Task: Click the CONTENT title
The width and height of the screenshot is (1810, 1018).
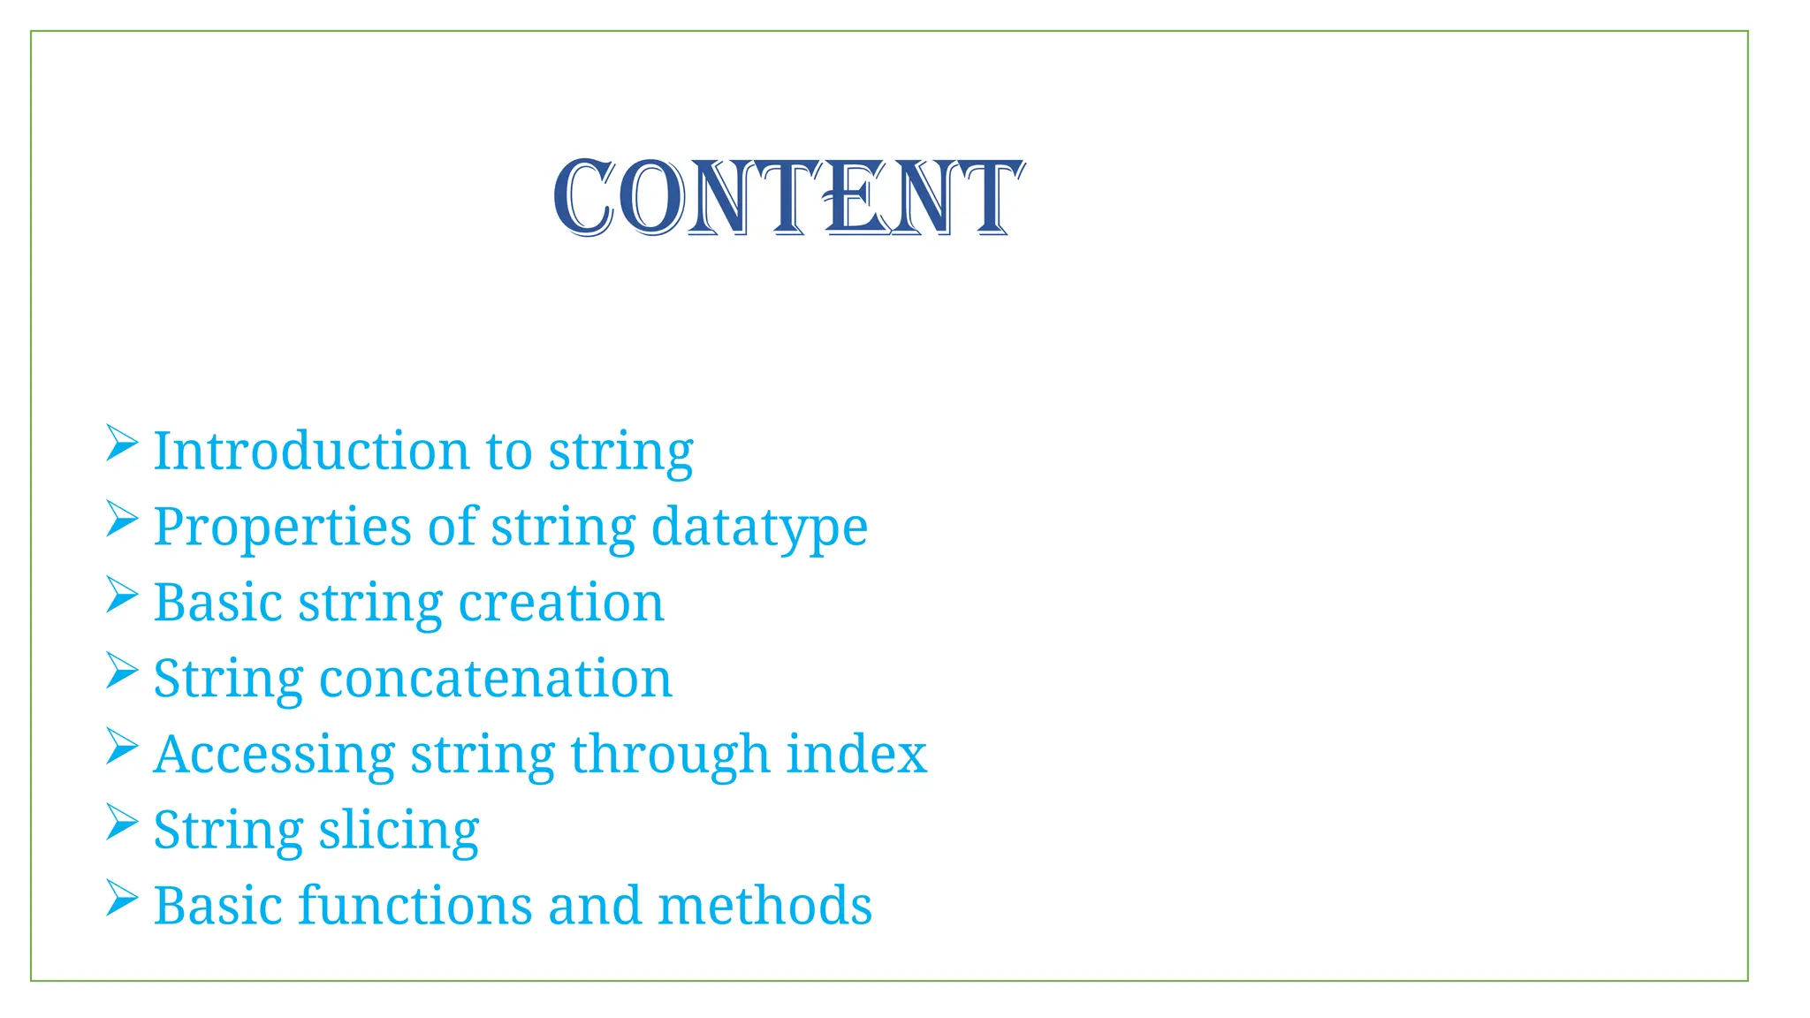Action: [x=788, y=198]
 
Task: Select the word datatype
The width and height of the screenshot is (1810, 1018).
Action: [x=759, y=528]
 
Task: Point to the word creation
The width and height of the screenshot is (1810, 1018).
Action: [x=561, y=603]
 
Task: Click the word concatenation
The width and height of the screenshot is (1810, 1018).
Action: [x=496, y=679]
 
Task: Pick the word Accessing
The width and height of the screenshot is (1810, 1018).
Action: [x=274, y=756]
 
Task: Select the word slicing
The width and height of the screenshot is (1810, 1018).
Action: [x=399, y=832]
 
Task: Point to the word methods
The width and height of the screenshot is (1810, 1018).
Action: [x=764, y=906]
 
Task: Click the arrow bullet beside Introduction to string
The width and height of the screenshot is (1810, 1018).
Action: [x=122, y=443]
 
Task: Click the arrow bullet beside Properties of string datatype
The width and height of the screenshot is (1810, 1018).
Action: [x=122, y=519]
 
